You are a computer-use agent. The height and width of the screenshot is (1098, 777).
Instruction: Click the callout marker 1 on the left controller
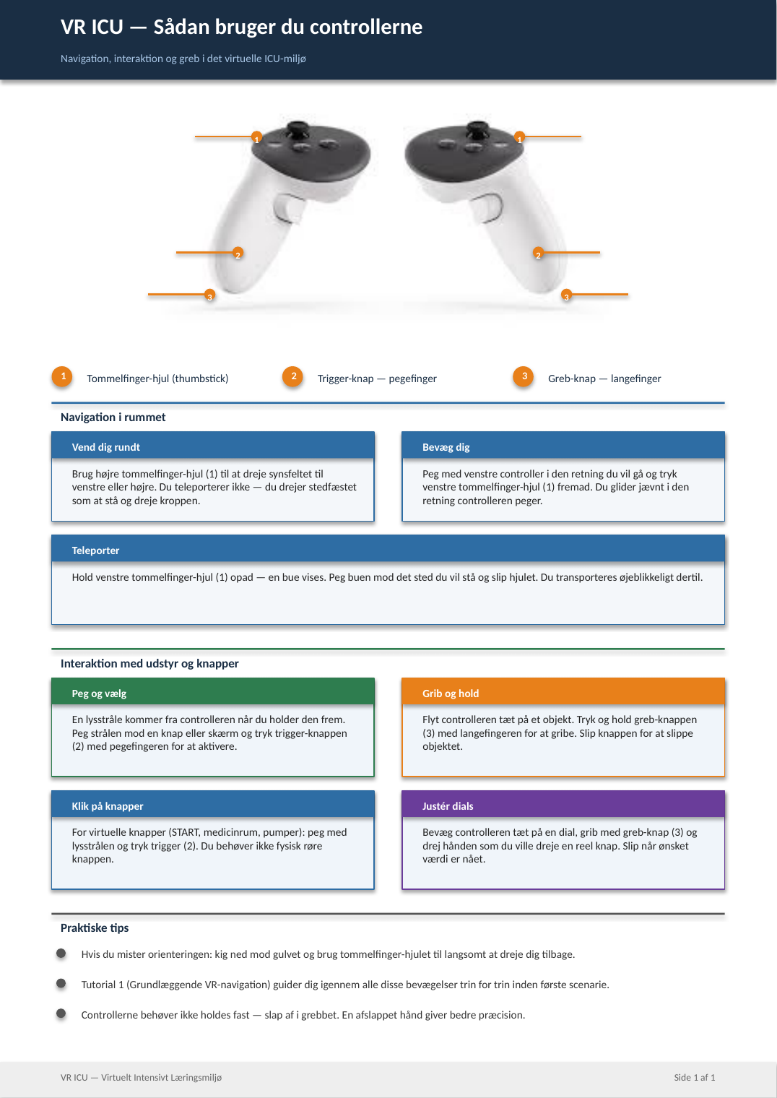(256, 137)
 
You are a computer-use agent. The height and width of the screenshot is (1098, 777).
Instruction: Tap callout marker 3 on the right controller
(566, 295)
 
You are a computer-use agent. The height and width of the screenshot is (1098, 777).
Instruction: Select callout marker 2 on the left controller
(238, 253)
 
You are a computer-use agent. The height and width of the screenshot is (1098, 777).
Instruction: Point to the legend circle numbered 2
(293, 376)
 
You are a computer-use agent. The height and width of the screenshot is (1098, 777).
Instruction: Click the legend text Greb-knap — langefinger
(604, 379)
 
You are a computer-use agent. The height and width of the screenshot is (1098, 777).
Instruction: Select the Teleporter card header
(388, 548)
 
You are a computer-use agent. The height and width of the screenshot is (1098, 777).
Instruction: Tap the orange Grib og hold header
(563, 691)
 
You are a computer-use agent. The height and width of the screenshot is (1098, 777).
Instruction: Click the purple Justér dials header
(563, 805)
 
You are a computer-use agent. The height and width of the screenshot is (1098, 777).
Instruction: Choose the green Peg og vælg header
(213, 691)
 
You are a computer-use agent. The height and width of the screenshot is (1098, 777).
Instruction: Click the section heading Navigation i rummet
(113, 417)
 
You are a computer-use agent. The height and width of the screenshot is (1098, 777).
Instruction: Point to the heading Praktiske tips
(95, 928)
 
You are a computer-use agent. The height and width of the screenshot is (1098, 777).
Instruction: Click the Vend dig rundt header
(213, 446)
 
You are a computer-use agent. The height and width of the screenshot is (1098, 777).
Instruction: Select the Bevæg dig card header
(563, 446)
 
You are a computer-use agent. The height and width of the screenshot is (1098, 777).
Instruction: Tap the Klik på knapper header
(213, 805)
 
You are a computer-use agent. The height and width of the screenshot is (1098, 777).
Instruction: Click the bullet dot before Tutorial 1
(61, 983)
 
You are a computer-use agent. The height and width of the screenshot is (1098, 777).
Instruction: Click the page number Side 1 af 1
(694, 1078)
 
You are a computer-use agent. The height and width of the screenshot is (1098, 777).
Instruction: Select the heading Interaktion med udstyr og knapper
(149, 663)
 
